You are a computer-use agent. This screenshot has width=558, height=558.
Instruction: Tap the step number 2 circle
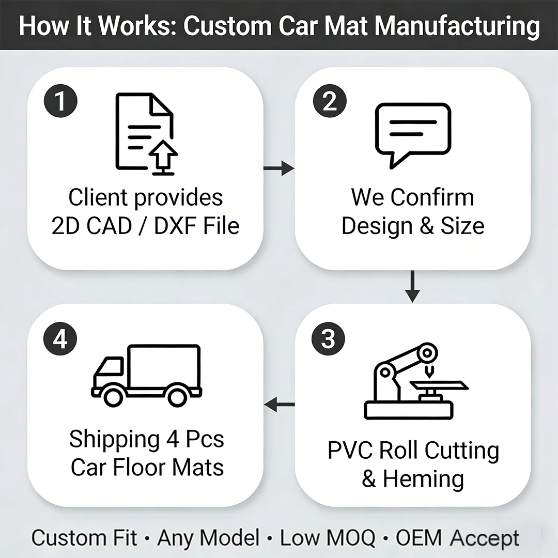[330, 101]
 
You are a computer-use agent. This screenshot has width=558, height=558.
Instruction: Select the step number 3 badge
[328, 339]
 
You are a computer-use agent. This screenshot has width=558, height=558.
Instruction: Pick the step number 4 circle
[60, 339]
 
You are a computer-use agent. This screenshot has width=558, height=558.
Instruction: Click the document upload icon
[146, 134]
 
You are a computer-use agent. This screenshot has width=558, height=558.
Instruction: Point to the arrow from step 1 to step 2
[278, 168]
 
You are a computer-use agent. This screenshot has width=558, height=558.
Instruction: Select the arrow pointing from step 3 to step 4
[279, 405]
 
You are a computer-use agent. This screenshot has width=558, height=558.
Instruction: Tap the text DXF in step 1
[176, 226]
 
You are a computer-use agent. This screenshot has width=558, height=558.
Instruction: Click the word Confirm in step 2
[432, 197]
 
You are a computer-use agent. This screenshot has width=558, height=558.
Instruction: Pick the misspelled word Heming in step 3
[423, 479]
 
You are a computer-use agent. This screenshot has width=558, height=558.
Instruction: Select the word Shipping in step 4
[115, 439]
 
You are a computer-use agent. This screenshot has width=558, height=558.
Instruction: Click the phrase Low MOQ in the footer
[327, 538]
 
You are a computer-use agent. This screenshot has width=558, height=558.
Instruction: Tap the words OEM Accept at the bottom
[457, 538]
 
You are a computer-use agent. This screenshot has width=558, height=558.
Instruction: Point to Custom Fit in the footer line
[84, 538]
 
